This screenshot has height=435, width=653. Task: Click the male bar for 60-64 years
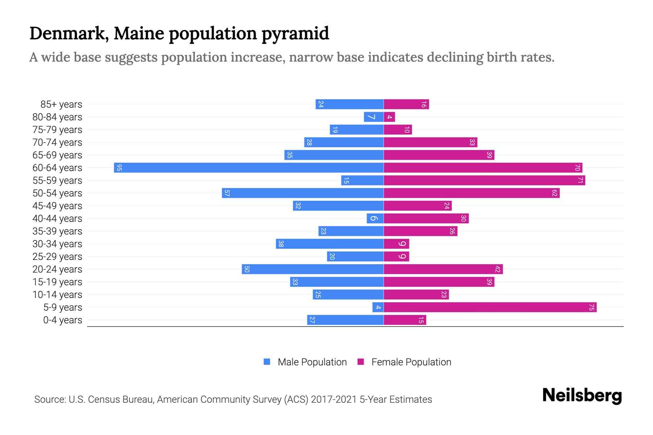(249, 168)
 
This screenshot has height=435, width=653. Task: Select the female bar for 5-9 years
(490, 307)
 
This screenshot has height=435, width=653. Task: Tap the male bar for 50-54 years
(303, 193)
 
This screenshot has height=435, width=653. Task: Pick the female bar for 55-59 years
(484, 181)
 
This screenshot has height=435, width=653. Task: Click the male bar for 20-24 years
(313, 269)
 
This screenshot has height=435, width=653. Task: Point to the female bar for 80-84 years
(389, 117)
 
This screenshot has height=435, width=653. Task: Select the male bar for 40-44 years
(375, 219)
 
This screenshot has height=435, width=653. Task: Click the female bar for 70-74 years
(430, 142)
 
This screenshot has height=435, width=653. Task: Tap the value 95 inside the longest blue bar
(119, 168)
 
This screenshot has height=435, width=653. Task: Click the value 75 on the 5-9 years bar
(591, 307)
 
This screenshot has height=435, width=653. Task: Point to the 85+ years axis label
(61, 104)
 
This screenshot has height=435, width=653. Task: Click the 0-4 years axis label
(62, 320)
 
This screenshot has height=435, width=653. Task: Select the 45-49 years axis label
(57, 206)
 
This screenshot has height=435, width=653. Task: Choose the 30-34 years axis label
(57, 244)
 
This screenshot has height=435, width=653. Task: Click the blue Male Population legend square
(267, 362)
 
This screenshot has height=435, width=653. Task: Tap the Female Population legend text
(411, 362)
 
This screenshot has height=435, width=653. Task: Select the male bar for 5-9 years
(378, 307)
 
